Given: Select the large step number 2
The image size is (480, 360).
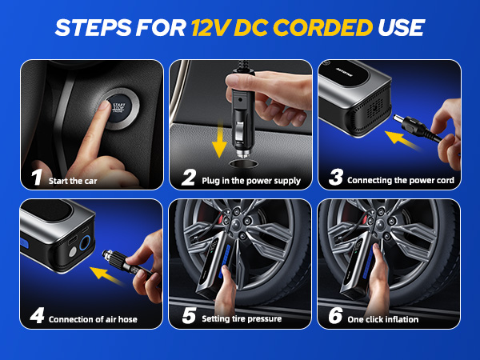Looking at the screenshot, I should click(x=189, y=178).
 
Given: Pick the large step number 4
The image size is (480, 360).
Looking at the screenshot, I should click(x=35, y=316).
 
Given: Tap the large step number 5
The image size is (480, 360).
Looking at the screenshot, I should click(x=189, y=316).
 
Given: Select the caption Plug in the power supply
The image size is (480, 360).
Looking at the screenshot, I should click(x=251, y=181).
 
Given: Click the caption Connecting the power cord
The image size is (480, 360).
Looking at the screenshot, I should click(x=401, y=181).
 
